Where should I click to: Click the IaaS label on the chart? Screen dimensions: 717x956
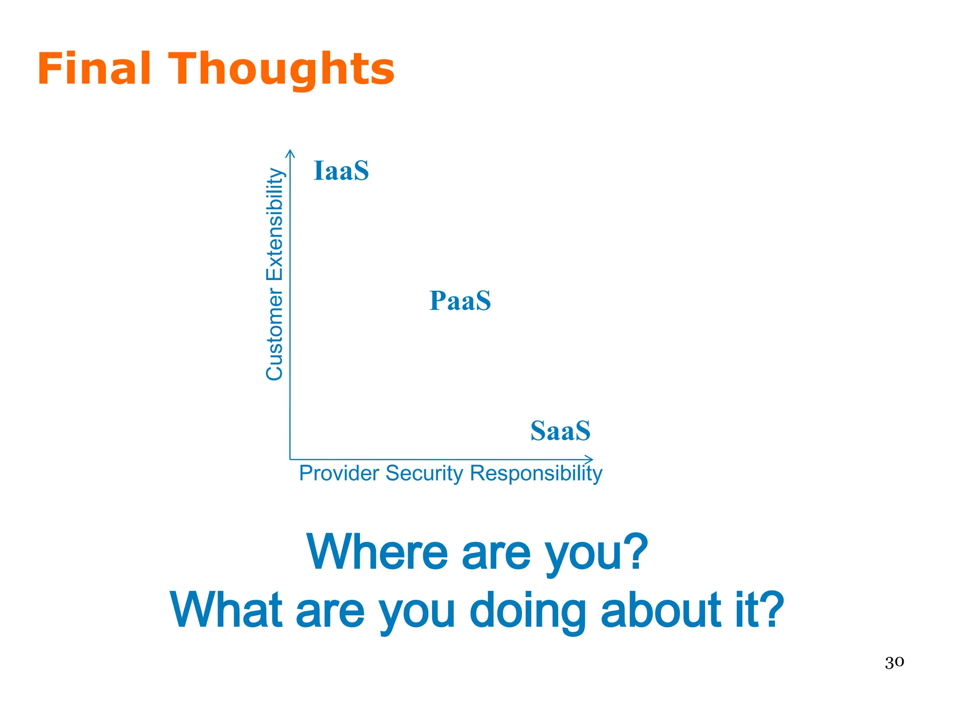pos(341,171)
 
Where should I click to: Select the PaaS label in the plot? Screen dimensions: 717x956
pos(460,301)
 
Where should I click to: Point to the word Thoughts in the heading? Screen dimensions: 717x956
pos(284,70)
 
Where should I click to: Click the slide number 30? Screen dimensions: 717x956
pos(894,662)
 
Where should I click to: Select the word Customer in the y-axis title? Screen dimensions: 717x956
pos(274,334)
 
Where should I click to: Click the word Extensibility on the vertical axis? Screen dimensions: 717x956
pos(274,224)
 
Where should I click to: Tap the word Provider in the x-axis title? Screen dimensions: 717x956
pos(339,473)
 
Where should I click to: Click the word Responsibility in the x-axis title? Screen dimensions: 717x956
pos(536,473)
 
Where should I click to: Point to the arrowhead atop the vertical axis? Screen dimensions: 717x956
pos(290,152)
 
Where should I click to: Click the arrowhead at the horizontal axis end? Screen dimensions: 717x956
pos(590,459)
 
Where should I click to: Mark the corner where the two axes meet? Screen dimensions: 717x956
pos(290,459)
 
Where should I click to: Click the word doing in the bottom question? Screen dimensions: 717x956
pos(527,611)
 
